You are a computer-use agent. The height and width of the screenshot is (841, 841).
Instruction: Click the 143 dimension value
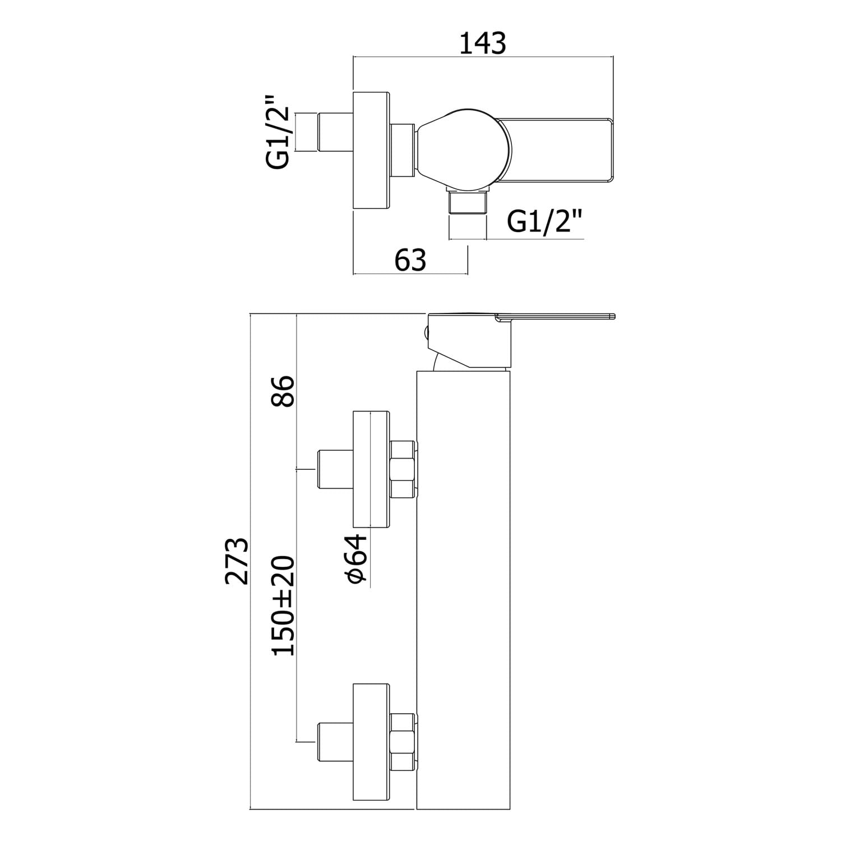(x=483, y=43)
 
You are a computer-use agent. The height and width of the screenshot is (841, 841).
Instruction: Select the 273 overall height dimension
(x=237, y=561)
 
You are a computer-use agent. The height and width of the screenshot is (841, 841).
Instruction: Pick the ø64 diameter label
(x=357, y=559)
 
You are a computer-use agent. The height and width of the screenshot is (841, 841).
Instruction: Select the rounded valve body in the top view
(x=464, y=150)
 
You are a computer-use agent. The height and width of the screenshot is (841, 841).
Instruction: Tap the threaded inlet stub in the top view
(x=335, y=132)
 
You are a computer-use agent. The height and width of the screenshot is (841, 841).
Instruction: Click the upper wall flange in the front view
(x=371, y=470)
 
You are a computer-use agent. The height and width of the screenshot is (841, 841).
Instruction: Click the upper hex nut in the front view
(x=403, y=470)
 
